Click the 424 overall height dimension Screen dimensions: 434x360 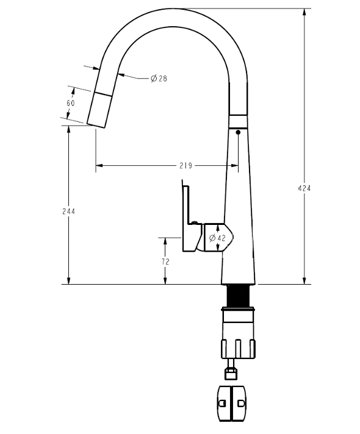304,188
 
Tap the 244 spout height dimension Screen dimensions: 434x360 68,212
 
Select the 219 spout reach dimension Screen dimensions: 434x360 186,165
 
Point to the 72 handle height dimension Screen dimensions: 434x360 165,261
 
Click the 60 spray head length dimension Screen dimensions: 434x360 71,103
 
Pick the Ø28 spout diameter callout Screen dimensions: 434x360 159,79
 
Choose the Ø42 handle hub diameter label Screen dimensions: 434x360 217,238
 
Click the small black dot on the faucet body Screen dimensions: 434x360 237,131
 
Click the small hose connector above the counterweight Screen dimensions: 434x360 231,368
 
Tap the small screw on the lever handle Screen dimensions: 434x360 195,222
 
